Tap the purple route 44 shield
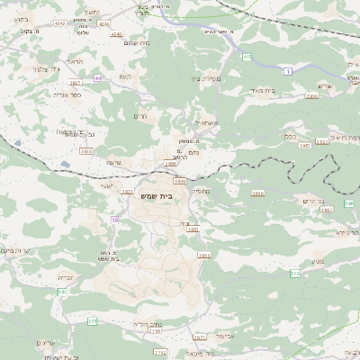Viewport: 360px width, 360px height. pos(97,77)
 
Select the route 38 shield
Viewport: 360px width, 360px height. pos(114,220)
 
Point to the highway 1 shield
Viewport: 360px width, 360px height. pos(286,70)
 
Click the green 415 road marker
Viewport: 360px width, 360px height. pos(247,57)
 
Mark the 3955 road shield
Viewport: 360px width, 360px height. pos(203,256)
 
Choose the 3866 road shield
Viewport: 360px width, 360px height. pos(258,193)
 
